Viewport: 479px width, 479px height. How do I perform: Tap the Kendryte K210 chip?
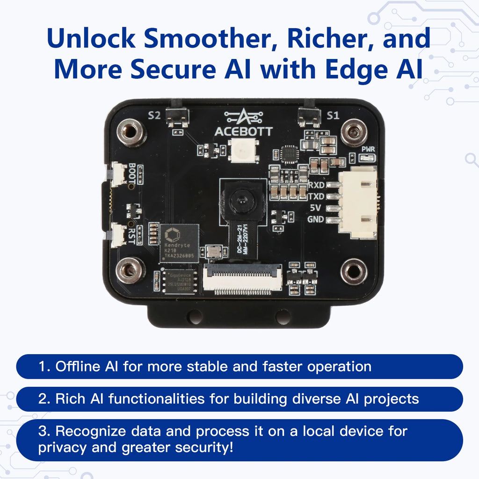(179, 242)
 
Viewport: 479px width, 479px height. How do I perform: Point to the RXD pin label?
(317, 186)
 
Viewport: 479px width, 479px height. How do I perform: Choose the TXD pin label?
(317, 197)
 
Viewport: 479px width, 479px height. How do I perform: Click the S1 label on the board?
(333, 115)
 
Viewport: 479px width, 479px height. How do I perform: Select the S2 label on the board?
(154, 115)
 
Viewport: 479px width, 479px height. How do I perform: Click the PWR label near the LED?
(369, 150)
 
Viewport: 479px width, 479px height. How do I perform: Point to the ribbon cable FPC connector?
(243, 279)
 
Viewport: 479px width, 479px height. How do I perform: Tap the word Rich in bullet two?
(68, 399)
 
